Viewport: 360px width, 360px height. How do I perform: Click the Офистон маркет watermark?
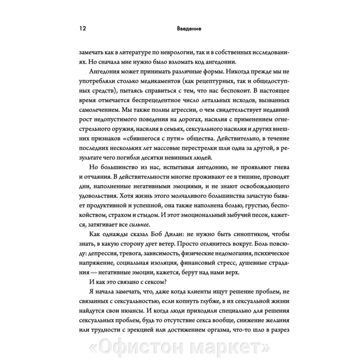pos(180,347)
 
